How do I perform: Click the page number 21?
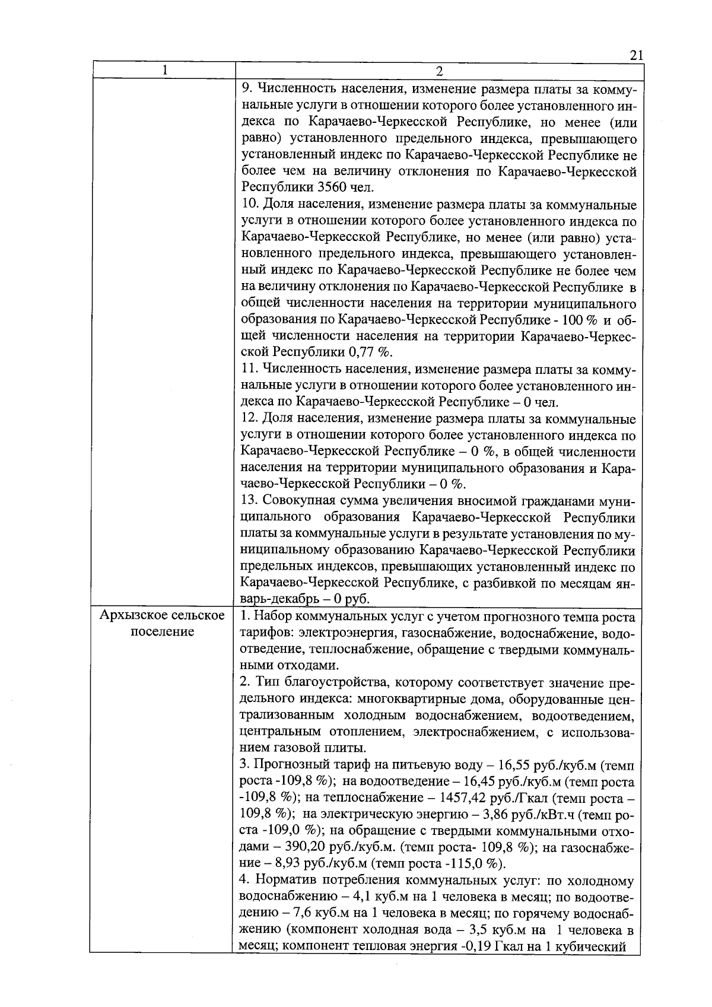click(x=636, y=55)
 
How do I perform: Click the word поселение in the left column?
click(x=163, y=631)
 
